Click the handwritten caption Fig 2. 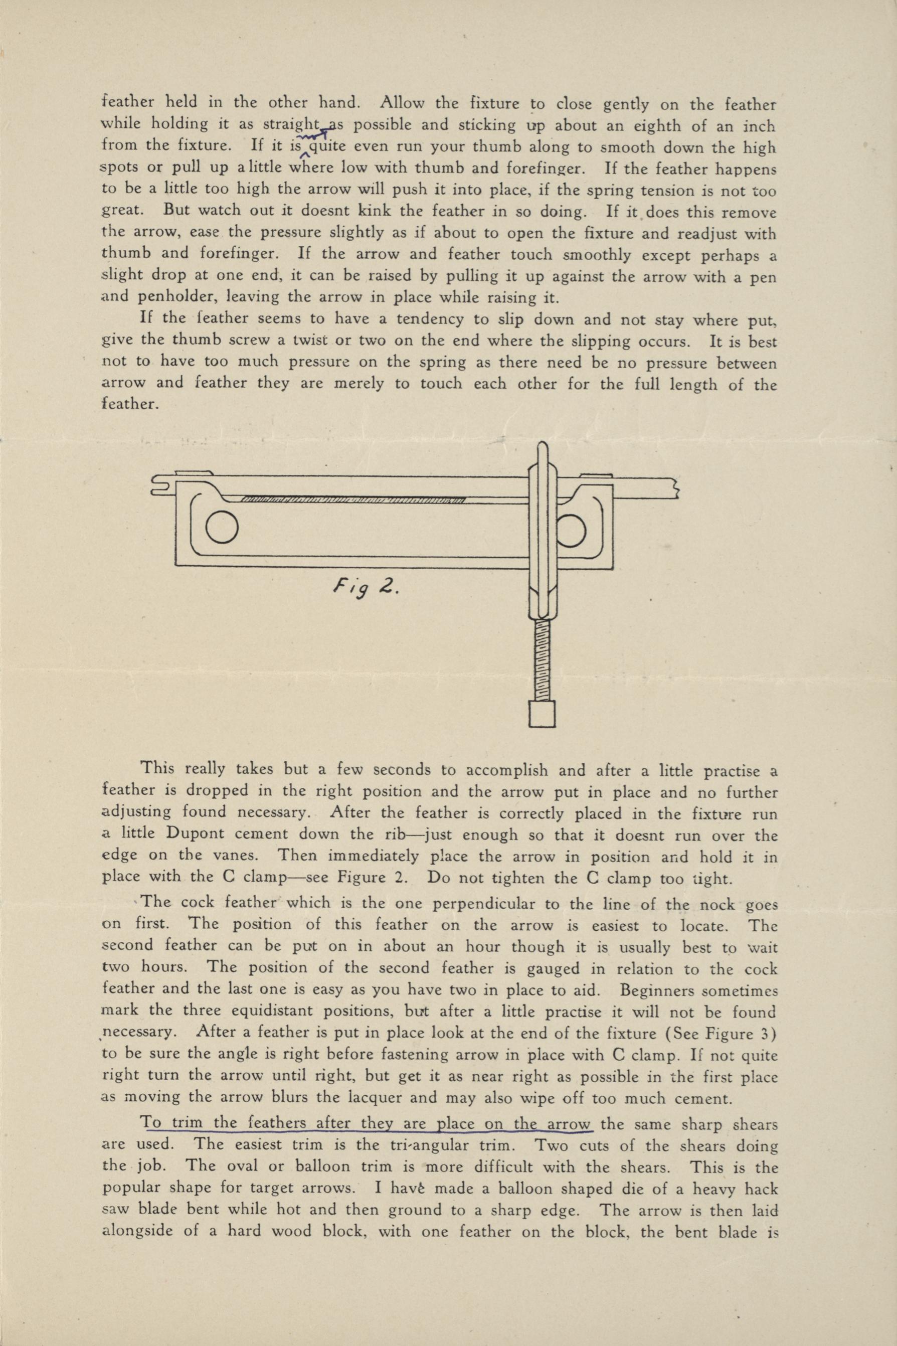364,589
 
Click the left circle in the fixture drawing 222,528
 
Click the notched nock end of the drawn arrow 162,485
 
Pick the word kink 374,211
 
